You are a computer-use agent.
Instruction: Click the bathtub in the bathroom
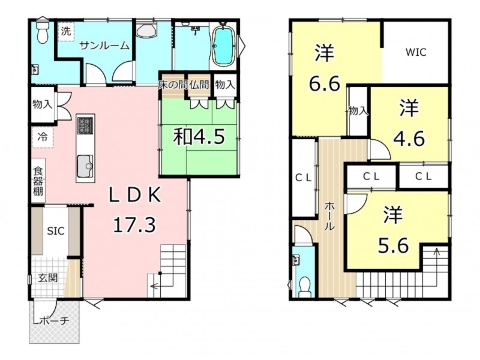223,46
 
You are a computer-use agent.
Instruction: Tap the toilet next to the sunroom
42,31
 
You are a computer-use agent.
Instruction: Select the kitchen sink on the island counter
85,166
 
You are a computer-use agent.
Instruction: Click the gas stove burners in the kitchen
85,125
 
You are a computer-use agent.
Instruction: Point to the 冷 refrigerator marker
43,137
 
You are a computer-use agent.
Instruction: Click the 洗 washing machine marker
66,31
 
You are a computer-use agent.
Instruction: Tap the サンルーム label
104,46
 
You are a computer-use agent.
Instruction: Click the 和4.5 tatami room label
199,137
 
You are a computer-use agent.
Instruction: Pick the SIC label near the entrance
56,230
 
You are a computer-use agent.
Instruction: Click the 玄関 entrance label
48,278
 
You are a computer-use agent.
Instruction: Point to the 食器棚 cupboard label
38,181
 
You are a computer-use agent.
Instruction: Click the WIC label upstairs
416,52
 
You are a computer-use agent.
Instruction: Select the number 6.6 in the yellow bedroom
325,84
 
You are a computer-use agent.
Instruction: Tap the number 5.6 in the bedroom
394,245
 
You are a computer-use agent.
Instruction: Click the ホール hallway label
329,215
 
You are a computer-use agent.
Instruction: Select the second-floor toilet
304,287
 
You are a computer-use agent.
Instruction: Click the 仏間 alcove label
199,85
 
